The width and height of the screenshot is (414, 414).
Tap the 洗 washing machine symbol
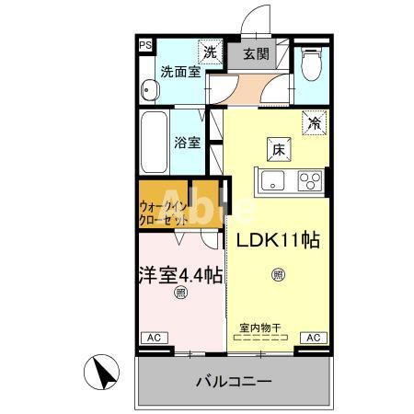[211, 52]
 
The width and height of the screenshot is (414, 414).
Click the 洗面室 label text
[180, 71]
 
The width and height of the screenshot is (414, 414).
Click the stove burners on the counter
[310, 181]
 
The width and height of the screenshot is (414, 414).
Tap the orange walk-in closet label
[165, 213]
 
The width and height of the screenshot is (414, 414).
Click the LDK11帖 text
[279, 241]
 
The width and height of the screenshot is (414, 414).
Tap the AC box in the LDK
[312, 338]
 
